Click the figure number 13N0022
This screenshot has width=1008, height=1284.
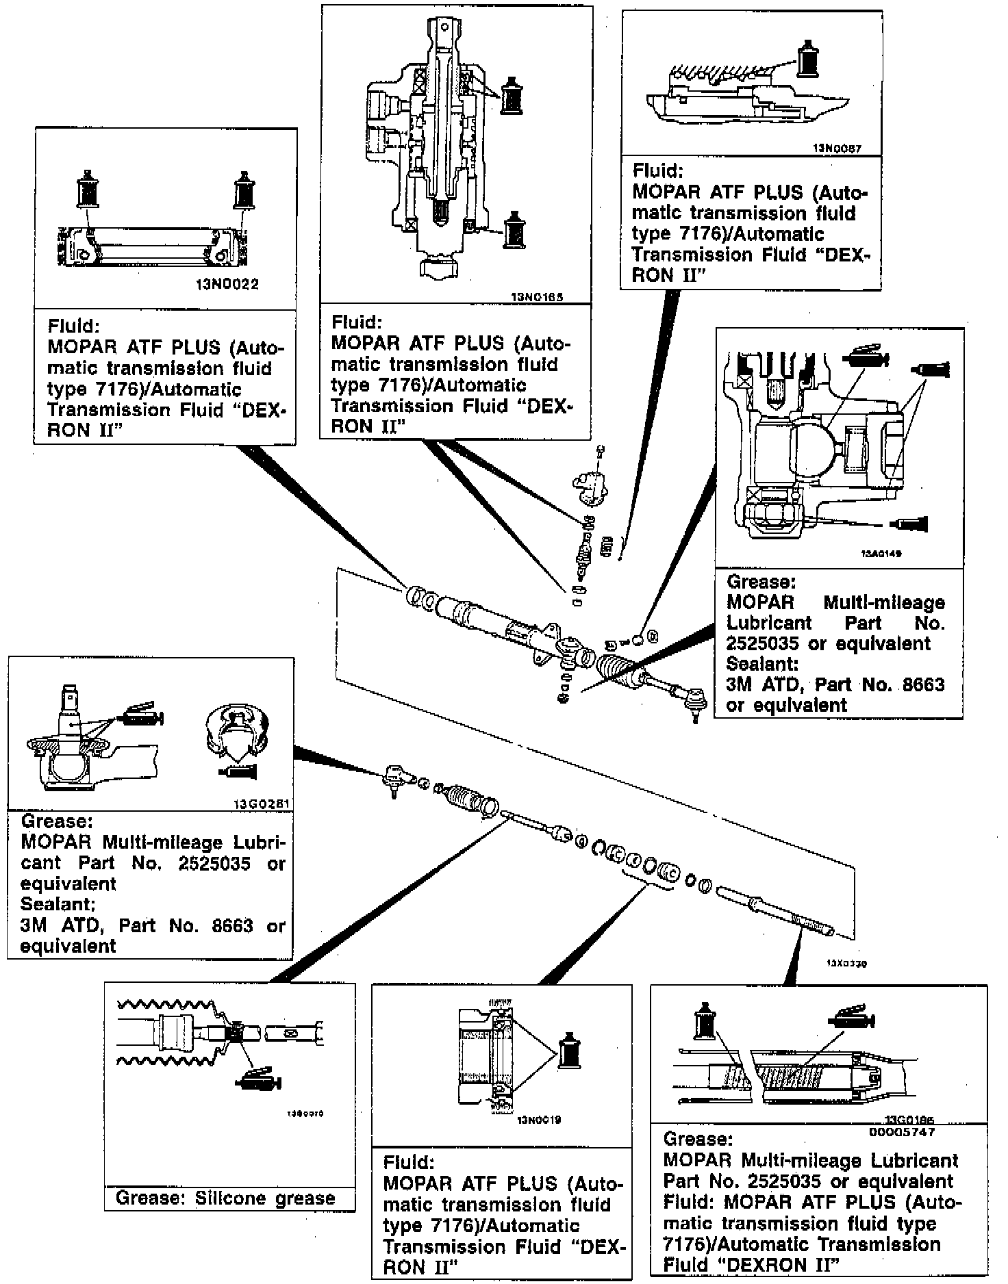[227, 285]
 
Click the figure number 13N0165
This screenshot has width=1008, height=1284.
[541, 298]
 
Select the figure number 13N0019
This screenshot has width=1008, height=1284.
[540, 1120]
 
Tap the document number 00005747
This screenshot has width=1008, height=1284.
[901, 1131]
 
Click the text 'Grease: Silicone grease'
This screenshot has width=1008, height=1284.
[225, 1198]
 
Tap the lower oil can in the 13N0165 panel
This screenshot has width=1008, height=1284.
[514, 231]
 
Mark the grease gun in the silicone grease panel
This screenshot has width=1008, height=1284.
[259, 1079]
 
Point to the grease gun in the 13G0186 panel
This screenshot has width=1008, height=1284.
[850, 1019]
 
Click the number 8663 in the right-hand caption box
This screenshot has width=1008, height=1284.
[920, 684]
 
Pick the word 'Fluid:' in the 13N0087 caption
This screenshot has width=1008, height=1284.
[657, 170]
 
